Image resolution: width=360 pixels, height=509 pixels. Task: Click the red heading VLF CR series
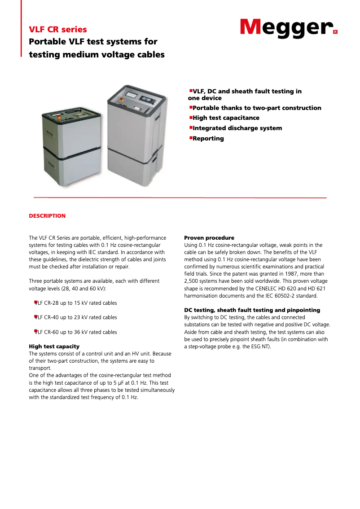coord(58,30)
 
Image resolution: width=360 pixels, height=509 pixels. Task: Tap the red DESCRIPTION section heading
coord(47,216)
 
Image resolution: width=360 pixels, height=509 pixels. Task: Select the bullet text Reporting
coord(208,138)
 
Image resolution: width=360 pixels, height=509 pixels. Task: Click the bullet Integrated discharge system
coord(237,128)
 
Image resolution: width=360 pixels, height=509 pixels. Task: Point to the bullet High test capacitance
coord(226,118)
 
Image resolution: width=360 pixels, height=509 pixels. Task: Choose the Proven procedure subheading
coord(209,238)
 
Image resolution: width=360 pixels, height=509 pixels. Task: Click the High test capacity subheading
coord(54,347)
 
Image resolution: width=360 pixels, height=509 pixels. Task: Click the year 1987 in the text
coord(278,274)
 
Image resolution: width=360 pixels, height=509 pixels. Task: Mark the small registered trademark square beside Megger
coord(335,32)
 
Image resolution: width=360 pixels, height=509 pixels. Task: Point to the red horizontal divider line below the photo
coord(180,197)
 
